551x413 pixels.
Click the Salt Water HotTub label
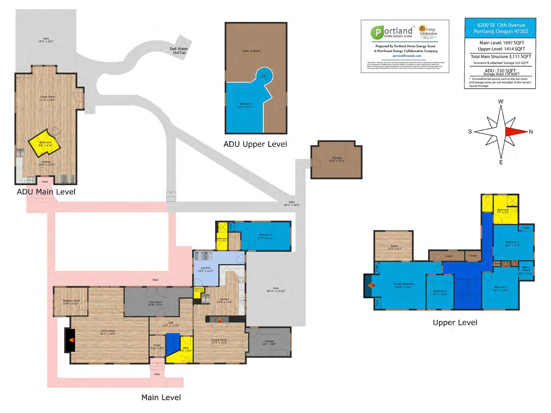[179, 51]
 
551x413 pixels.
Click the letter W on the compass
[500, 101]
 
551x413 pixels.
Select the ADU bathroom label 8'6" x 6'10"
[45, 144]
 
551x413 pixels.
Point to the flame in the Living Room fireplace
[72, 340]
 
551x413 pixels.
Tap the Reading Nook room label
[71, 302]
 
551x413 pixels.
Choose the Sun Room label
[155, 303]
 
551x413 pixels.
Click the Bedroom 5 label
[265, 236]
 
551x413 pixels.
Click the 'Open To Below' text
[251, 51]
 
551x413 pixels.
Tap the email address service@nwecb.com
[407, 56]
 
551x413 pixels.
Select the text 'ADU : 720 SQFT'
[500, 70]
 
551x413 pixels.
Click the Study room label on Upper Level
[394, 247]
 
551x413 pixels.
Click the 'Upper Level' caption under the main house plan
[455, 322]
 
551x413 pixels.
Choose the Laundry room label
[206, 269]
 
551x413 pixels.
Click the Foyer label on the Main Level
[157, 346]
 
